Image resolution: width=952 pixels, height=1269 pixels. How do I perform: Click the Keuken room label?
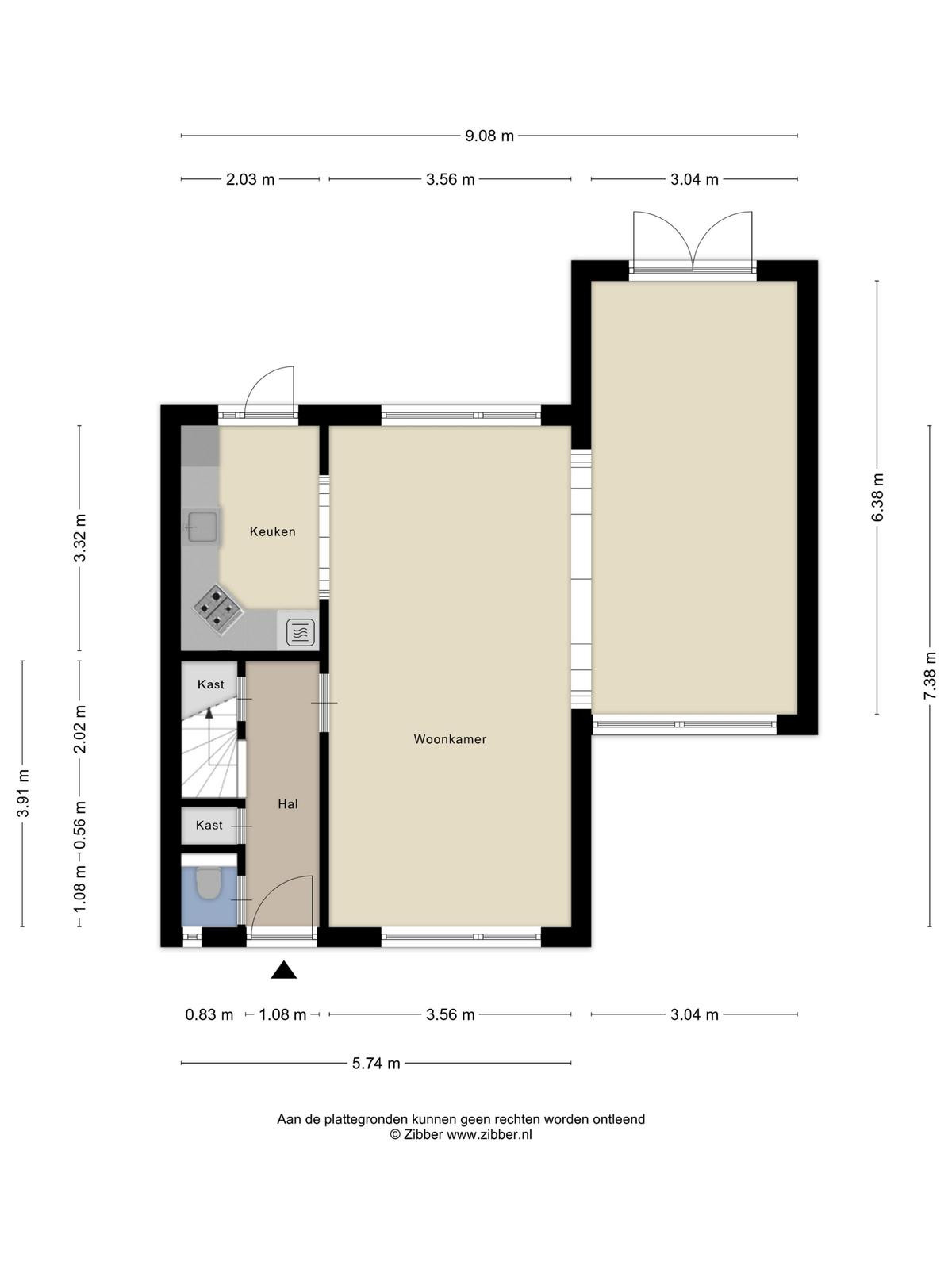tap(272, 531)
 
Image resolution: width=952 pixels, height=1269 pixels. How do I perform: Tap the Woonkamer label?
tap(450, 739)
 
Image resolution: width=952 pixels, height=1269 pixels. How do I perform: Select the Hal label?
tap(288, 803)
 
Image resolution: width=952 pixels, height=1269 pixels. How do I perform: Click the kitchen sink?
tap(202, 527)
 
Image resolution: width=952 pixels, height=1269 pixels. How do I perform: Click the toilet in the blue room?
tap(207, 884)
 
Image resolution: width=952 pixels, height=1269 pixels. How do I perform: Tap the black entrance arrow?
tap(284, 969)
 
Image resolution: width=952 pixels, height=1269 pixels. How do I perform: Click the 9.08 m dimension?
tap(489, 136)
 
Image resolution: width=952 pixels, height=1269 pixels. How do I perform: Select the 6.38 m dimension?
tap(877, 497)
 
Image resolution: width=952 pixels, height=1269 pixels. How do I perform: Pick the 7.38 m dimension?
tap(930, 676)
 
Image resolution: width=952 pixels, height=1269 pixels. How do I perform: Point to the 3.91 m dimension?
tap(23, 793)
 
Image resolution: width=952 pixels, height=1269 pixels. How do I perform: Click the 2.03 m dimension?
tap(250, 180)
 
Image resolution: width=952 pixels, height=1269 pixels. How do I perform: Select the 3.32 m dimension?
tap(80, 538)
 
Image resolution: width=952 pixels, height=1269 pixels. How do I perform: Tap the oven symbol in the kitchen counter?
tap(301, 632)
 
